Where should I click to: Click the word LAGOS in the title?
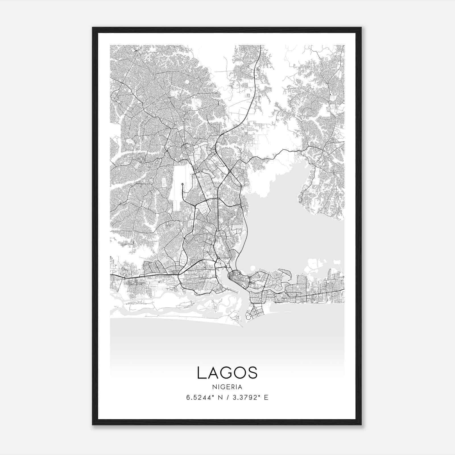[x=227, y=373]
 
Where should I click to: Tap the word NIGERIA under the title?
[x=227, y=387]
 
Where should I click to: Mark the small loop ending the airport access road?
[x=182, y=184]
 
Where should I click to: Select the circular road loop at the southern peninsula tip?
[x=248, y=317]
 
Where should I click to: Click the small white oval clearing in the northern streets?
[x=187, y=82]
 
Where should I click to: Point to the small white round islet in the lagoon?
[x=252, y=267]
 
